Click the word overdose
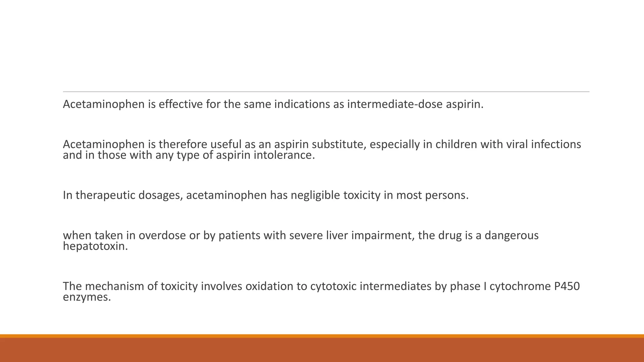(x=162, y=235)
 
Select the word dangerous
(x=512, y=235)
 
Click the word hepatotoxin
(x=95, y=246)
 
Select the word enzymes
(x=87, y=297)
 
